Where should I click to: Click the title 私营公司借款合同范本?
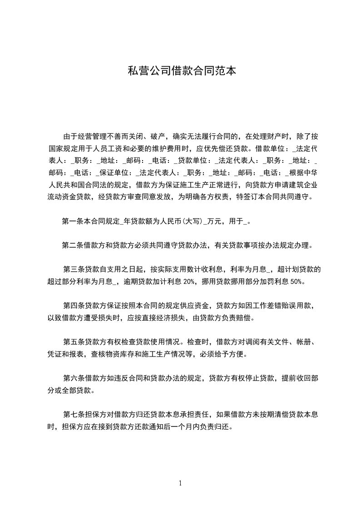pos(182,71)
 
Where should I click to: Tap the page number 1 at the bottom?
pos(180,483)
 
